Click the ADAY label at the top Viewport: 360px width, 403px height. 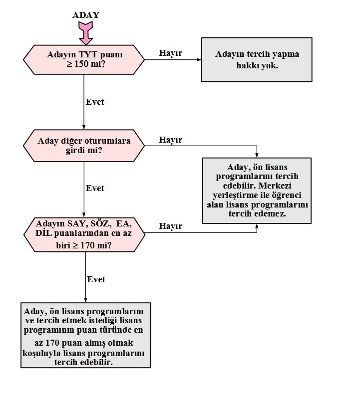point(86,15)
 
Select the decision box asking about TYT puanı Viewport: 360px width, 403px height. point(84,59)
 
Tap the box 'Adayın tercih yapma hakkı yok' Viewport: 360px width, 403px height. point(257,59)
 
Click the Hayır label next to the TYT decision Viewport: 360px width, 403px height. point(171,53)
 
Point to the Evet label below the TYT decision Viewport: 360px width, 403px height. point(95,101)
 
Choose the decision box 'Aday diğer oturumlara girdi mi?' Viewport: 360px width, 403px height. point(84,145)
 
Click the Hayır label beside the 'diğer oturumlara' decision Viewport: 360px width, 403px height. point(171,140)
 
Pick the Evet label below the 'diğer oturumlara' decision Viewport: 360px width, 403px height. point(95,188)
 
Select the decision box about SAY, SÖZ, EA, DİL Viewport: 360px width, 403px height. point(84,234)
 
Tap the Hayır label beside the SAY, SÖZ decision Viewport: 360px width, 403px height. point(171,226)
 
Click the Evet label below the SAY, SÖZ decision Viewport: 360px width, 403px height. point(96,279)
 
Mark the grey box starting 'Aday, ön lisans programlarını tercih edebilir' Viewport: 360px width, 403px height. point(257,190)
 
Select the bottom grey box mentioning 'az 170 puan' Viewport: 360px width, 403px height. point(85,335)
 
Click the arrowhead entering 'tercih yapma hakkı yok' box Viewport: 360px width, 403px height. point(198,60)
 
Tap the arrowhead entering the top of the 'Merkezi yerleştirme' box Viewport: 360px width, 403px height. point(257,155)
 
